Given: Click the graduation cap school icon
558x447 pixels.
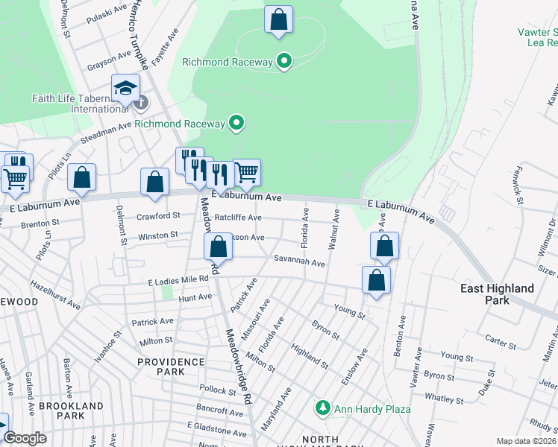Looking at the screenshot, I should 126,87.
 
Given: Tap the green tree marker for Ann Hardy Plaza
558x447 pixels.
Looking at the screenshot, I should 323,408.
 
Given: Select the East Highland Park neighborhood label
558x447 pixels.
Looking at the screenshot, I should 497,294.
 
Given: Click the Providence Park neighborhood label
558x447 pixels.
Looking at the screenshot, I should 171,366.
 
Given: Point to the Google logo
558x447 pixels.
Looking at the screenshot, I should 25,438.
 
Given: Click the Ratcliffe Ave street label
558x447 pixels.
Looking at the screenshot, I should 238,218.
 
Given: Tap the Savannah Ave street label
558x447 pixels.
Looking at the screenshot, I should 298,263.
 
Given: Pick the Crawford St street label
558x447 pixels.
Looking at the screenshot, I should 158,216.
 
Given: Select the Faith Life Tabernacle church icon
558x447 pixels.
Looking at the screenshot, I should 139,101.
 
